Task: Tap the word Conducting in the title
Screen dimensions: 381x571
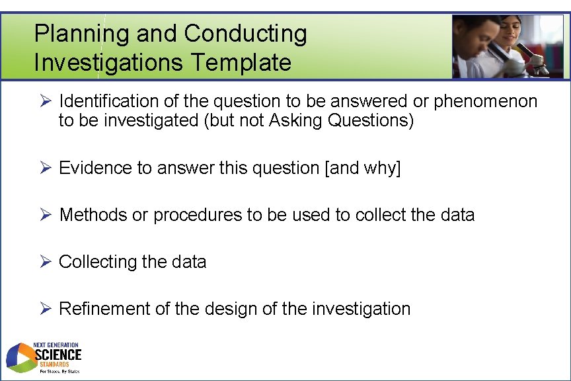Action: point(246,33)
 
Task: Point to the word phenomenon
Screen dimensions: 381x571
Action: point(486,101)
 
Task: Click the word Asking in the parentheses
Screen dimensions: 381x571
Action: point(296,121)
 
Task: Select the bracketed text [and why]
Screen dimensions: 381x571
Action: point(363,168)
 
